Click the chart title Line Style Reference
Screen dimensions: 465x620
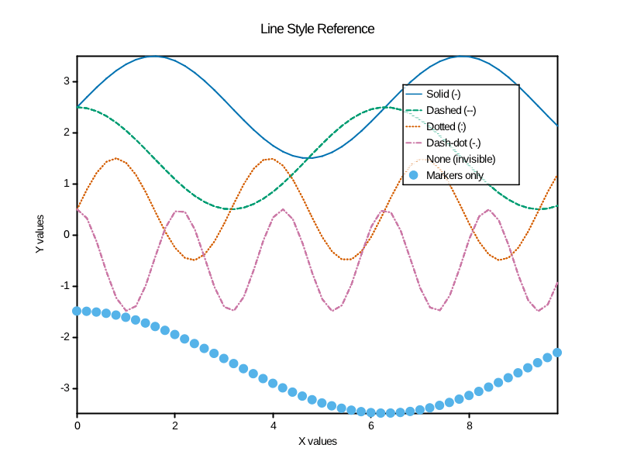[x=317, y=29]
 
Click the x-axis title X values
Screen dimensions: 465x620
[x=318, y=441]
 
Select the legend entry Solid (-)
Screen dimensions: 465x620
[x=443, y=95]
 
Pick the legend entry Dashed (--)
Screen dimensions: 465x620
[x=449, y=111]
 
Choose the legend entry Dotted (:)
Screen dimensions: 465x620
[x=446, y=127]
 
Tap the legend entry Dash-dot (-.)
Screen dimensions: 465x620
[x=453, y=143]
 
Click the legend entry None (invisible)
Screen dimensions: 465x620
[x=460, y=159]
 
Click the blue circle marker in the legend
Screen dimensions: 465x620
[x=413, y=175]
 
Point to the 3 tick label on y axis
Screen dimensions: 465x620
[x=67, y=81]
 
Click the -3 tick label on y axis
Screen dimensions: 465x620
[x=65, y=388]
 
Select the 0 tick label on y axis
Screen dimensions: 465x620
[x=67, y=235]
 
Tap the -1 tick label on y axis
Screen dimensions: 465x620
[x=65, y=286]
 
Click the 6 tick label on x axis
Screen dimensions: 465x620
[x=371, y=425]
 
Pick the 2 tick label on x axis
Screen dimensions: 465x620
[x=175, y=425]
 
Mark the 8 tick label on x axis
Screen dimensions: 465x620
[x=470, y=425]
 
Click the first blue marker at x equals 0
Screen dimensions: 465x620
[x=77, y=311]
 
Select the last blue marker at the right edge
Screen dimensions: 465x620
[x=556, y=353]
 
